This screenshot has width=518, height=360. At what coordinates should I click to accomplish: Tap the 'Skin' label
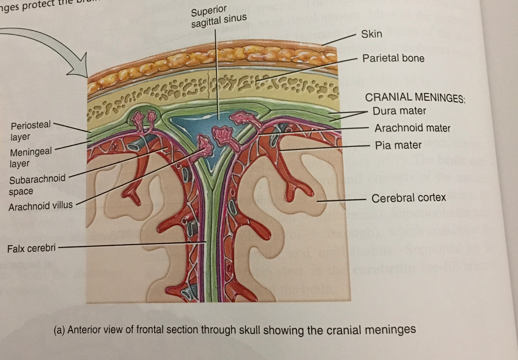click(x=372, y=34)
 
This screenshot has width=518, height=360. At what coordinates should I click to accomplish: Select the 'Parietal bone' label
click(x=393, y=58)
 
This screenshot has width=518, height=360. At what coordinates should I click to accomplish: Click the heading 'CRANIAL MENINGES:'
click(x=415, y=98)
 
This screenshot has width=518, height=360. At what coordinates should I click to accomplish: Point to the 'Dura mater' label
click(x=399, y=110)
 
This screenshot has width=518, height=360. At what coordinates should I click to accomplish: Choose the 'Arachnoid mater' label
click(x=412, y=128)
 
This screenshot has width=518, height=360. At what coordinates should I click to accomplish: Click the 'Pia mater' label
click(x=398, y=145)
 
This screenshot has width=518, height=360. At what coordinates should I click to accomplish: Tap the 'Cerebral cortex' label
click(x=408, y=198)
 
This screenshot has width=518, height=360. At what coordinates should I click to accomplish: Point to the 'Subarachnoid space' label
click(x=37, y=185)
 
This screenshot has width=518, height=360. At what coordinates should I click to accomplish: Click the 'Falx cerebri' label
click(x=31, y=249)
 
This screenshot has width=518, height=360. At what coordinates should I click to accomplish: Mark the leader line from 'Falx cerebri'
click(x=132, y=246)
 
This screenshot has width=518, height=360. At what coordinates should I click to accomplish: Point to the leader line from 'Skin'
click(x=339, y=39)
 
